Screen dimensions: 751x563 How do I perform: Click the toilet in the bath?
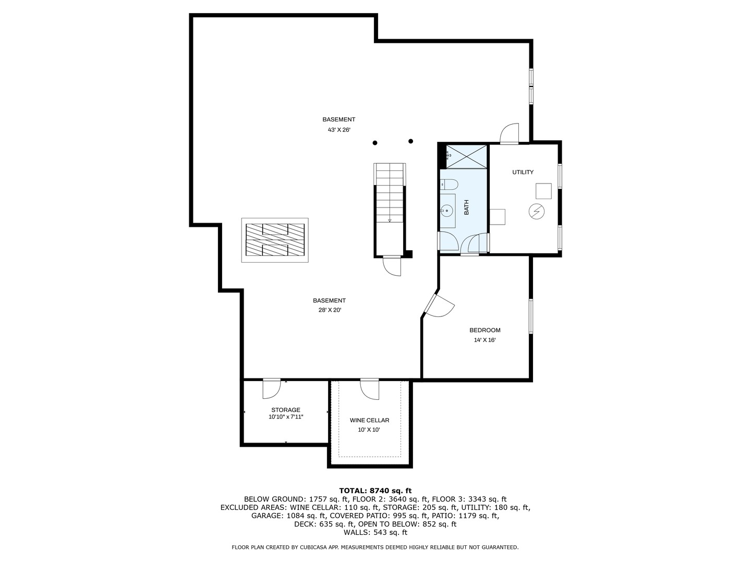[x=449, y=185]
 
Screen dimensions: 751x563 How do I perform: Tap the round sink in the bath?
[x=446, y=211]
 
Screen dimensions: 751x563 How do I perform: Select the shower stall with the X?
[x=466, y=156]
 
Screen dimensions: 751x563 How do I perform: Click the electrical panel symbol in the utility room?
[x=536, y=212]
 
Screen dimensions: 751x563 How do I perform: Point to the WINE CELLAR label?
[x=370, y=420]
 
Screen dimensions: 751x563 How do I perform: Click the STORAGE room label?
[x=286, y=410]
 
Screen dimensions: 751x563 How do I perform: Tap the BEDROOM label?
[x=485, y=330]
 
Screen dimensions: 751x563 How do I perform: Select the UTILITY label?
[x=523, y=172]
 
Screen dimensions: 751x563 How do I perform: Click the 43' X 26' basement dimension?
[x=339, y=130]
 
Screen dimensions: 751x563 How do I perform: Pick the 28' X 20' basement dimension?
[x=330, y=310]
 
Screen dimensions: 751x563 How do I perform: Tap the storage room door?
[x=272, y=389]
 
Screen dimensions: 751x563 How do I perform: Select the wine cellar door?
[x=370, y=389]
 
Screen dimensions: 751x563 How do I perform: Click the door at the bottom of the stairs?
[x=392, y=266]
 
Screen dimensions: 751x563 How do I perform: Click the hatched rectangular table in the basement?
[x=275, y=240]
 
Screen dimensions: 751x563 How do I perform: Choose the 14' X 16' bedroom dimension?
[x=485, y=340]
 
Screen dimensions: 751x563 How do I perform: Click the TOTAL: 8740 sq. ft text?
[x=375, y=491]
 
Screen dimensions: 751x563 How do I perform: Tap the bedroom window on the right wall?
[x=531, y=316]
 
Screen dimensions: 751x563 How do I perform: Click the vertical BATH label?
[x=466, y=207]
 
